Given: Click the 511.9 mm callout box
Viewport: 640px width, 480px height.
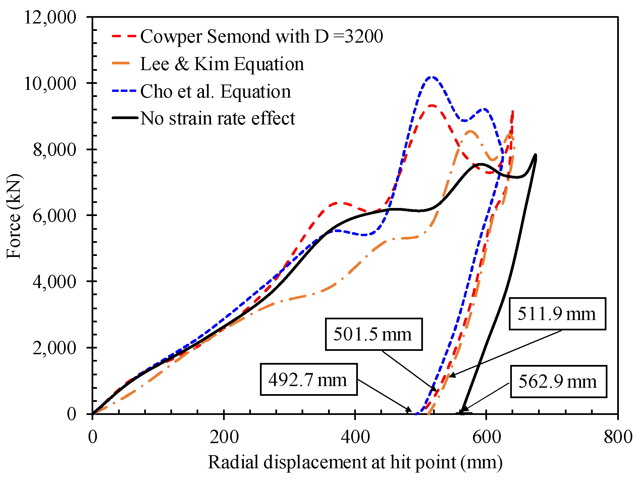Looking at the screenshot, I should [x=557, y=314].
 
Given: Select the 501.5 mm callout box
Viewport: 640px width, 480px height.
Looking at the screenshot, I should [x=373, y=334].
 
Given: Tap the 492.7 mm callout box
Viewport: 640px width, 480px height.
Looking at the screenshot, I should [x=308, y=380].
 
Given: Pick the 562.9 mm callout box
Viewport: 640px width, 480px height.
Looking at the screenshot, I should [x=558, y=382].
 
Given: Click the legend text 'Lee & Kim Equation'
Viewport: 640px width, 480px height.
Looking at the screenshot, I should [x=222, y=64].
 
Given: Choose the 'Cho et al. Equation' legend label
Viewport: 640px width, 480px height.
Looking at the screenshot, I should [x=215, y=91].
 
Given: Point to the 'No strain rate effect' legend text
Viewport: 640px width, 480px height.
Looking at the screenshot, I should [x=217, y=118].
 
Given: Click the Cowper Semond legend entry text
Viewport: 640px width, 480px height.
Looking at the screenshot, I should [x=261, y=36].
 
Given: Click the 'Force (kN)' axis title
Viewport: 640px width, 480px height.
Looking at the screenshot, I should [x=14, y=216].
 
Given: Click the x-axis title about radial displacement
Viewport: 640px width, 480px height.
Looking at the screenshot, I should [x=355, y=462].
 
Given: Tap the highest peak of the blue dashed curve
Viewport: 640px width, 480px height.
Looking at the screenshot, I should [x=432, y=77].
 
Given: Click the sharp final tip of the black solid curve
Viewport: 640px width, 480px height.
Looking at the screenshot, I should [x=535, y=155].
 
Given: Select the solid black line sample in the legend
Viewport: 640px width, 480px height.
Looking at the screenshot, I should [x=125, y=118].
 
